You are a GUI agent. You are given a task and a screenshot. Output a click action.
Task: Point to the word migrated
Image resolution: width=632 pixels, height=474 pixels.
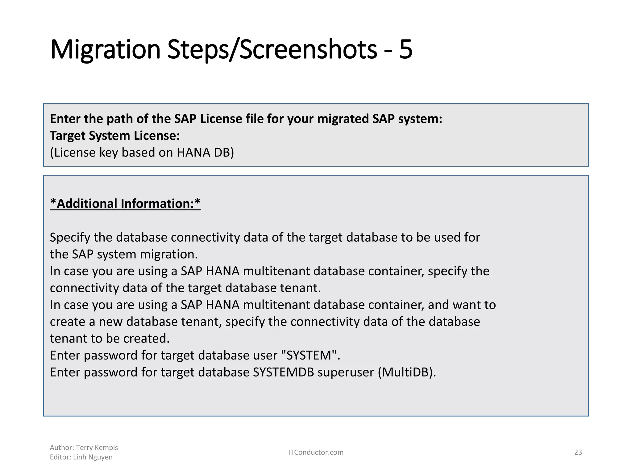(343, 119)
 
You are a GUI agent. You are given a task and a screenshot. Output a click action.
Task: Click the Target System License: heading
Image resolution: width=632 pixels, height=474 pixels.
(115, 136)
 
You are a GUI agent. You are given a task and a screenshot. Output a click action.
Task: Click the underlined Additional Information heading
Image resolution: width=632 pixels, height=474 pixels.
(125, 204)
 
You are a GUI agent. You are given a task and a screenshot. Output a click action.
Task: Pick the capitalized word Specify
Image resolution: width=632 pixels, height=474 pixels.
(70, 237)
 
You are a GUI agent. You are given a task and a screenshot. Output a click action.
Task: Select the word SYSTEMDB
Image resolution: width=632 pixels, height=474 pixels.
(283, 372)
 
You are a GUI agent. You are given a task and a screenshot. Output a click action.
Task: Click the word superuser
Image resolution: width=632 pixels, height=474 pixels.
(346, 372)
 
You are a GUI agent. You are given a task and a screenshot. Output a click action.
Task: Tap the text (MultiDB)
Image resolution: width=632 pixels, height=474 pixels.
(407, 372)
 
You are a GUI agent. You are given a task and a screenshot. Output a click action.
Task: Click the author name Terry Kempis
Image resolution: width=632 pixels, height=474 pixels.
(97, 447)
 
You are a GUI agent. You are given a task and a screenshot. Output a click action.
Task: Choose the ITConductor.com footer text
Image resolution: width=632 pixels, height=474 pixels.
(316, 452)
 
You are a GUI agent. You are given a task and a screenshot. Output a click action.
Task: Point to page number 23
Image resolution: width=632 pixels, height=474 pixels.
(578, 452)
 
